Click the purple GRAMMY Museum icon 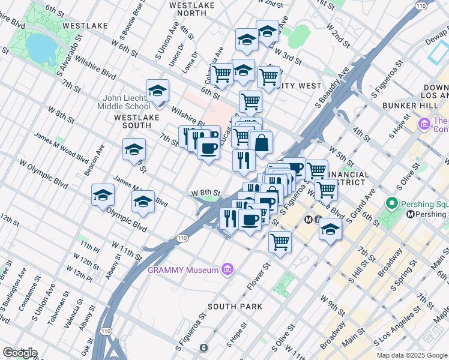[227, 270]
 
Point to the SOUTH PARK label [235, 306]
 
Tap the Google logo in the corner [19, 353]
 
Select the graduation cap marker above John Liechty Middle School [157, 91]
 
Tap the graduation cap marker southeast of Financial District [330, 229]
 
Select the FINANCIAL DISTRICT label [345, 178]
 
